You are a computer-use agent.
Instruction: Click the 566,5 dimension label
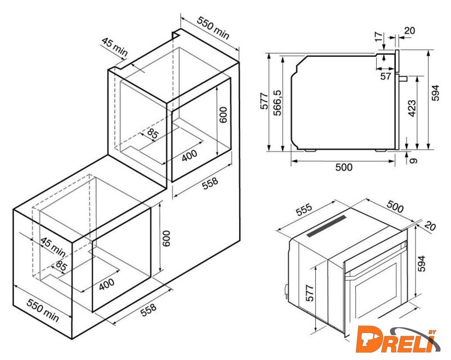click(x=278, y=102)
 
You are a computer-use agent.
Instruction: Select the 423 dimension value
click(x=412, y=109)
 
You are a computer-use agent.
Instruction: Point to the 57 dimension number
click(x=386, y=76)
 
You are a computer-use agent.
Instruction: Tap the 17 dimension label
click(x=379, y=37)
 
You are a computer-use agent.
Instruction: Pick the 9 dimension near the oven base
click(x=413, y=160)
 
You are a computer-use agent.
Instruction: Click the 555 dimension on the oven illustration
click(x=303, y=210)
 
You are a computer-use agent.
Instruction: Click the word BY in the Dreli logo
click(x=431, y=332)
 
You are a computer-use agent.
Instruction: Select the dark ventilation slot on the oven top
click(x=326, y=227)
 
